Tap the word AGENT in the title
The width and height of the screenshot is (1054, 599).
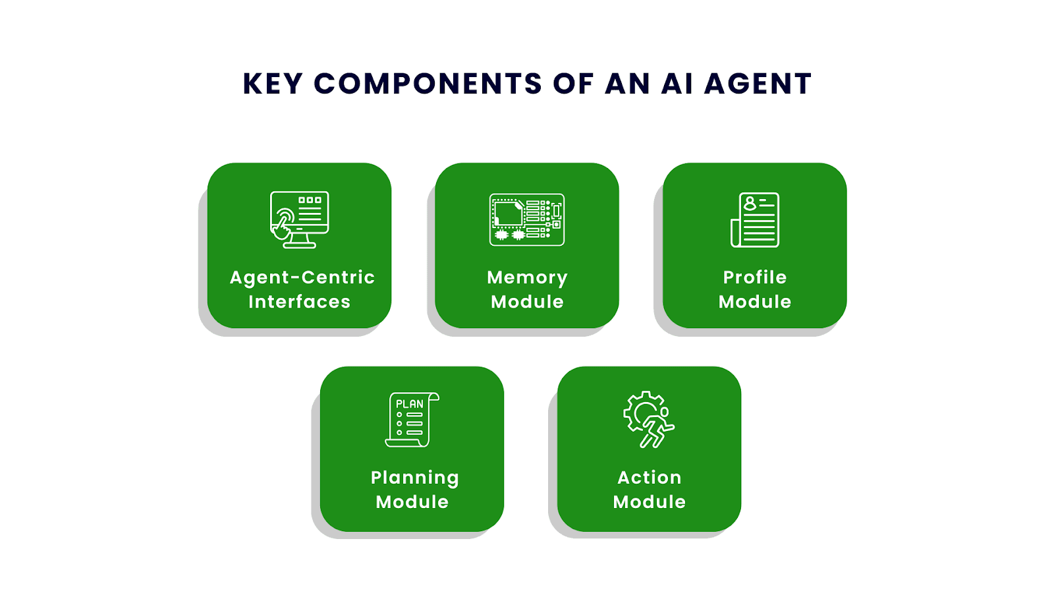(x=758, y=84)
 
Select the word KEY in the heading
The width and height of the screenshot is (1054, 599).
(x=273, y=84)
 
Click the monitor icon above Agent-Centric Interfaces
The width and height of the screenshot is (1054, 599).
(x=299, y=219)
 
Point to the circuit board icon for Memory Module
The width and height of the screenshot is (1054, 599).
(x=527, y=219)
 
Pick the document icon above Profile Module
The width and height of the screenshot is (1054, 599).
(x=755, y=219)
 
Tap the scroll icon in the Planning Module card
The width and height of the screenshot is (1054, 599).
(x=412, y=420)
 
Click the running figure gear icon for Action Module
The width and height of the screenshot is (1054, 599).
(x=649, y=419)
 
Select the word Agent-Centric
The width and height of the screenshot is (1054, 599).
(x=302, y=277)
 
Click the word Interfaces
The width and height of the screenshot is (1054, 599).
(x=299, y=302)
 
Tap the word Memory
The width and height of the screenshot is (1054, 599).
(x=527, y=278)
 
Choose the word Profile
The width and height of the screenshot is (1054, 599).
(x=755, y=277)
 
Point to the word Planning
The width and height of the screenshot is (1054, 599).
(x=414, y=478)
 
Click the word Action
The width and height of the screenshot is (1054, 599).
(x=650, y=478)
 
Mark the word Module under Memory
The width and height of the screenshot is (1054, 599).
(x=527, y=302)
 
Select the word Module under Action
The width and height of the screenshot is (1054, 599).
(x=650, y=501)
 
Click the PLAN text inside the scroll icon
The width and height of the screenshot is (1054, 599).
(x=409, y=404)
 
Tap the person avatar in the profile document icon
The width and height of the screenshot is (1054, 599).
(x=750, y=203)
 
